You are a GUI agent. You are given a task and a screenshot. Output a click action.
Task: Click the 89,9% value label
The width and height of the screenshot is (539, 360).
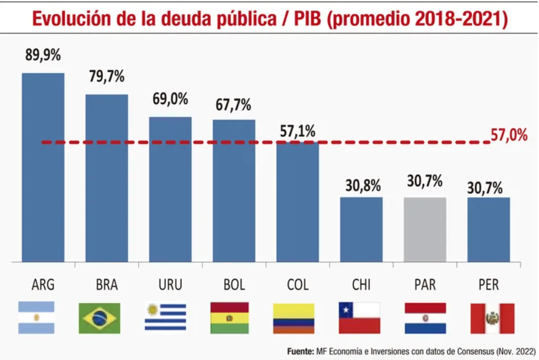(x=43, y=55)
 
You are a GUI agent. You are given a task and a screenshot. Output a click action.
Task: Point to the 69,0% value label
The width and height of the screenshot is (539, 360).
(x=170, y=99)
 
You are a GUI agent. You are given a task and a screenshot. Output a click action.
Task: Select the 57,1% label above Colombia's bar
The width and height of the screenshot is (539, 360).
(x=297, y=131)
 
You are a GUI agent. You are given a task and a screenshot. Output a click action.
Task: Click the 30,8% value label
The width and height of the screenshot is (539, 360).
(x=361, y=186)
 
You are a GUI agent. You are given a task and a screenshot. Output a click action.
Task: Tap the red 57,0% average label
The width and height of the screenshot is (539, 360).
(x=509, y=135)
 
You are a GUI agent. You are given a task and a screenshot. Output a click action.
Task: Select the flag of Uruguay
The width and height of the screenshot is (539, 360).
(x=165, y=317)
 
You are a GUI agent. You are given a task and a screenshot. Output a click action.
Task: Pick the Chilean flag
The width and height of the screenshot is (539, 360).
(x=359, y=318)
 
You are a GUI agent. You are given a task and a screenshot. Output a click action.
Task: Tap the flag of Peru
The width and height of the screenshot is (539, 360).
(x=492, y=318)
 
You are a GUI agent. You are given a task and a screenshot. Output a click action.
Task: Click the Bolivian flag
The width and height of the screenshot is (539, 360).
(x=229, y=318)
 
